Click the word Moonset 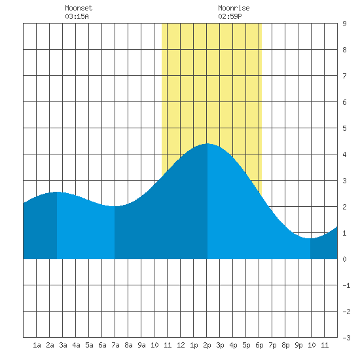[79, 8]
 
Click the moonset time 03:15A [77, 16]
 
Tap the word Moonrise [234, 8]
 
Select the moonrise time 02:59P [230, 16]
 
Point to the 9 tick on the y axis [344, 24]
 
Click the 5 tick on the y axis [344, 128]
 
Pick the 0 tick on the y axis [344, 259]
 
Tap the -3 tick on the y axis [346, 338]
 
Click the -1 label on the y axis [346, 285]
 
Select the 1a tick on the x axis [37, 345]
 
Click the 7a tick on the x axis [115, 345]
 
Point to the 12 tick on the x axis [181, 345]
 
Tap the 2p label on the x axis [207, 345]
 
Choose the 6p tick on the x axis [259, 345]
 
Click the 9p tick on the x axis [298, 345]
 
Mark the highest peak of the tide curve [207, 143]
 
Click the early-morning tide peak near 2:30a [57, 192]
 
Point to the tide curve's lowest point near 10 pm [310, 238]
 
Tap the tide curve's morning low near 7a [115, 206]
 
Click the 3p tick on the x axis [220, 345]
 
